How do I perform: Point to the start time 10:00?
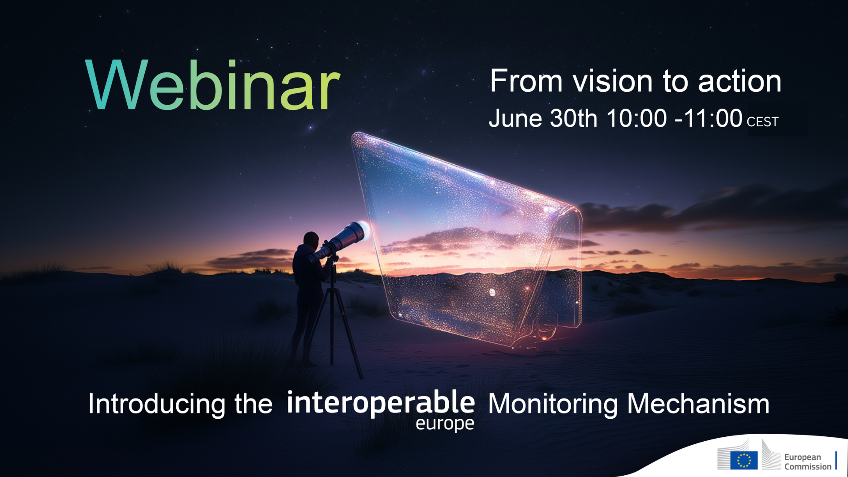[x=636, y=118]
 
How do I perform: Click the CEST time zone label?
[x=762, y=122]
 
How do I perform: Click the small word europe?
[x=445, y=424]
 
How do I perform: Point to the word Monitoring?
[x=553, y=404]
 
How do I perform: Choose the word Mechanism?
[x=698, y=404]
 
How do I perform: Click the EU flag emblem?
[x=744, y=460]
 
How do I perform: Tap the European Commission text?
[x=808, y=462]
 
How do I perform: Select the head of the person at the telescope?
[x=311, y=240]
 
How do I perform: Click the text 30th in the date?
[x=573, y=118]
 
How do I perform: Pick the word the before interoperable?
[x=254, y=404]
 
